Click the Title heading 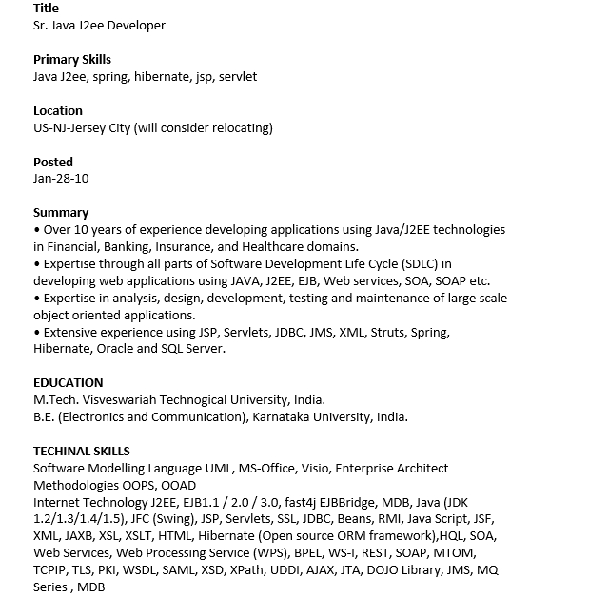[x=46, y=9]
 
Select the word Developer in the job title [x=137, y=26]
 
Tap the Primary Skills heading [x=72, y=60]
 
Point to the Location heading [x=58, y=111]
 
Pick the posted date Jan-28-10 [x=61, y=179]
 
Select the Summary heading [x=61, y=213]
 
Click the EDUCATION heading [x=69, y=383]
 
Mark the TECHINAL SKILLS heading [x=82, y=452]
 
